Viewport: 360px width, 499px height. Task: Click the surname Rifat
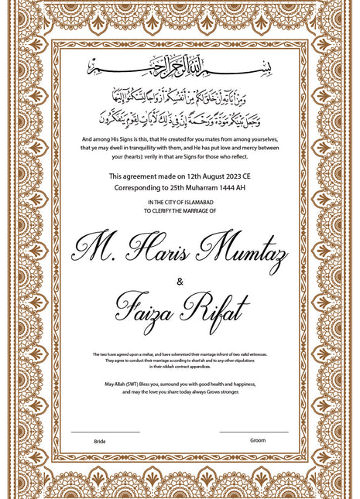click(x=217, y=309)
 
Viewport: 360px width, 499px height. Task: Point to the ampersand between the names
click(x=180, y=281)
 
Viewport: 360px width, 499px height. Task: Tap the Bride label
click(x=100, y=441)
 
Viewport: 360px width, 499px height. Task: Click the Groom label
click(x=258, y=440)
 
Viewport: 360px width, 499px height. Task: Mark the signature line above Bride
click(x=105, y=432)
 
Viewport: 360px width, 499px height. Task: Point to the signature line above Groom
click(x=254, y=432)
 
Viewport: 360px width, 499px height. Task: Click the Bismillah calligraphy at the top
click(x=180, y=68)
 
